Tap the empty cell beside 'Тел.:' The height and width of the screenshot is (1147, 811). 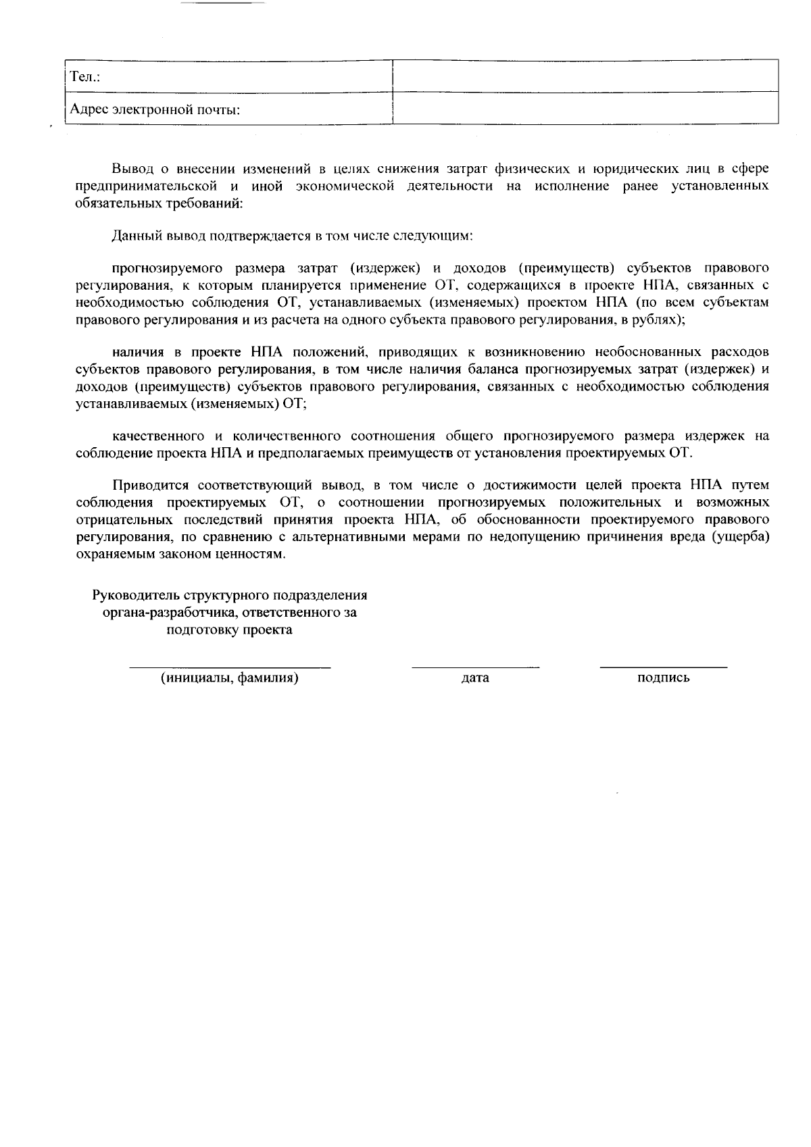click(585, 75)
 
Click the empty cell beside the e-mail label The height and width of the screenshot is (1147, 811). click(585, 108)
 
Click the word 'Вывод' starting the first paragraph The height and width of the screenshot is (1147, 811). click(132, 168)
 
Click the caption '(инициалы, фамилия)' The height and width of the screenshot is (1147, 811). click(229, 678)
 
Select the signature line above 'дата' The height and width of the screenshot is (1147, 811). click(475, 667)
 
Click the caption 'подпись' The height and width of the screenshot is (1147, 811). click(663, 678)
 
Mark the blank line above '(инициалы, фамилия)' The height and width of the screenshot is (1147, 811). click(230, 667)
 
